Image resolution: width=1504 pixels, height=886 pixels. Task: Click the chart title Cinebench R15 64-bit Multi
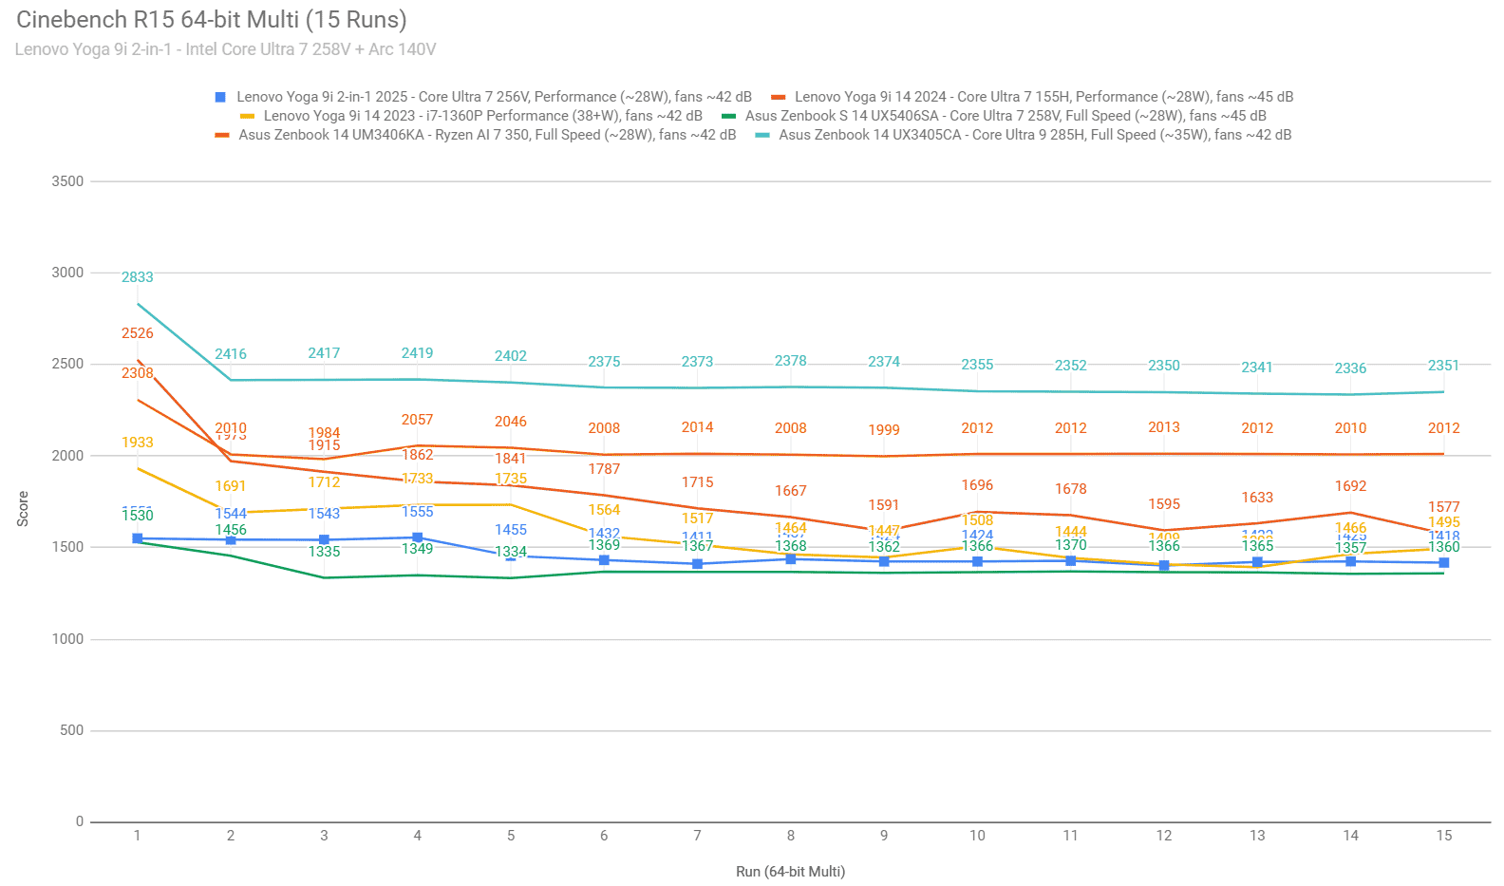(211, 20)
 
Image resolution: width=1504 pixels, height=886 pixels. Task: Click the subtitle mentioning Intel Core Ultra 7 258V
(225, 49)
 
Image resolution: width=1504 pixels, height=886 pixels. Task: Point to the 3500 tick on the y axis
(67, 181)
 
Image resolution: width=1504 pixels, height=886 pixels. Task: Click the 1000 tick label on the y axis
(67, 639)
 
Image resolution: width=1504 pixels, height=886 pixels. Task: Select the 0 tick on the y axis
(80, 822)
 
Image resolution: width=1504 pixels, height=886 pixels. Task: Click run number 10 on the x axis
(977, 836)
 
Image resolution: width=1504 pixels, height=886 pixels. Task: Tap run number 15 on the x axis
(1443, 836)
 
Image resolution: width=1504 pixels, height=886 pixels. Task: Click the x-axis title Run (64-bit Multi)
(790, 872)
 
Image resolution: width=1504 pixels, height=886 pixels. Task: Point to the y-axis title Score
(23, 509)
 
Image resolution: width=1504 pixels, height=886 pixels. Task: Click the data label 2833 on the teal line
(138, 277)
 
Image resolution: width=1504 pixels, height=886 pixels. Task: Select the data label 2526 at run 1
(138, 333)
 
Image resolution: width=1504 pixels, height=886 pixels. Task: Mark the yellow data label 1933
(138, 443)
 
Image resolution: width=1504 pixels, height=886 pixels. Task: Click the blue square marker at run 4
(418, 537)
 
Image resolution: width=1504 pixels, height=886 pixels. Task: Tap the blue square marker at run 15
(1443, 563)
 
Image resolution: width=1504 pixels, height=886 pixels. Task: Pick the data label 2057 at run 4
(418, 420)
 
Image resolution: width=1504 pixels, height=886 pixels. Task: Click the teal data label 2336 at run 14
(1350, 368)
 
